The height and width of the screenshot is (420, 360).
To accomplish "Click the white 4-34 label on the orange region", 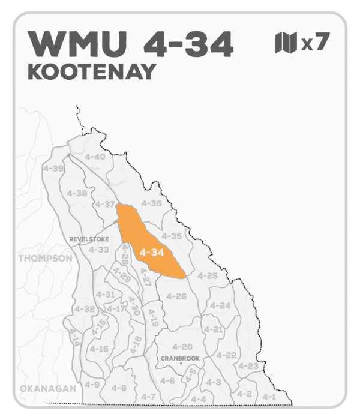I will [x=151, y=253].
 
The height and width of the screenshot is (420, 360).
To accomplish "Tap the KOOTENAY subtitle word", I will [x=92, y=71].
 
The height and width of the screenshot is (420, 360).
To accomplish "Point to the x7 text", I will [x=315, y=43].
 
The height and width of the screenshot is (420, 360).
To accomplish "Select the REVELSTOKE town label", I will [x=89, y=238].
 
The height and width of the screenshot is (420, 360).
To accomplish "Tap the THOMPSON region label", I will [x=46, y=259].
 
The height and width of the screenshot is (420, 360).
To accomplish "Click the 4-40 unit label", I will [x=95, y=157].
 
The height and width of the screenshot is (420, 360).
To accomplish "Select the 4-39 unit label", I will [x=54, y=169].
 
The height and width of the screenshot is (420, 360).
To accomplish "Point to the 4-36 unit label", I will [x=152, y=203].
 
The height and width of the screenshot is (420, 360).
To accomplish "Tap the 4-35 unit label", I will [x=172, y=236].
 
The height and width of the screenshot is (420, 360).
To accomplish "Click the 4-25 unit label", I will [x=207, y=275].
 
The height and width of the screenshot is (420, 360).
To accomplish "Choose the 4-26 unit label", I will [x=176, y=296].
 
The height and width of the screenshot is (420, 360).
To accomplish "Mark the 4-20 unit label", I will [x=182, y=347].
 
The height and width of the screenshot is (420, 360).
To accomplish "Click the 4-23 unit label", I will [x=248, y=366].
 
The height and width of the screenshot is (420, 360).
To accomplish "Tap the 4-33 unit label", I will [x=99, y=249].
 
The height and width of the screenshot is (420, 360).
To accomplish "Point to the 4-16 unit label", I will [x=99, y=349].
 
